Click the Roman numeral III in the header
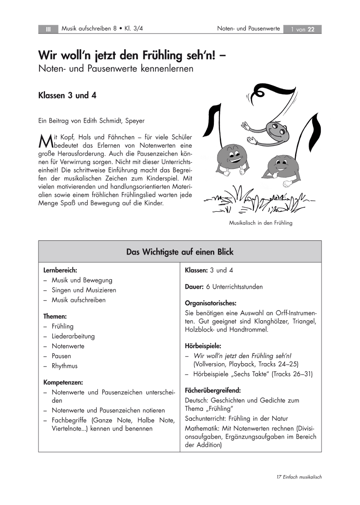(x=48, y=29)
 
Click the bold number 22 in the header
(x=311, y=29)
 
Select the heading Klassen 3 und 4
(x=67, y=95)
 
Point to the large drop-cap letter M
(x=44, y=140)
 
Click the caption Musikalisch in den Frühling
(x=260, y=223)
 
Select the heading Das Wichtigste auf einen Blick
(x=180, y=252)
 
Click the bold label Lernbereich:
(x=60, y=270)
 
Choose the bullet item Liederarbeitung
(x=73, y=336)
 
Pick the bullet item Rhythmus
(x=64, y=366)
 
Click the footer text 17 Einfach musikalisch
(x=299, y=477)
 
